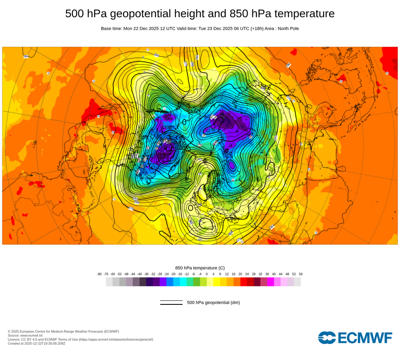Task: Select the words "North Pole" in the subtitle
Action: [287, 28]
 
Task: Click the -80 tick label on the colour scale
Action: [99, 274]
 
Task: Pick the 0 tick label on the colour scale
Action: [207, 274]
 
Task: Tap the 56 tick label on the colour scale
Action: [301, 274]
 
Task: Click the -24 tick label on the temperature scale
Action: [166, 274]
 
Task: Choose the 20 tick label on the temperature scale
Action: [240, 274]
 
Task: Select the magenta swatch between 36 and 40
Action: [270, 282]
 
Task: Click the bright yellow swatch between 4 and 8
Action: [217, 282]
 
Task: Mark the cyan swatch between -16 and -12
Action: [183, 282]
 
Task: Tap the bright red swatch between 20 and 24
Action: [244, 282]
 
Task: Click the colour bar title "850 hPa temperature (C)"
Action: [200, 268]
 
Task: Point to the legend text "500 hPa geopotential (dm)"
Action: [213, 302]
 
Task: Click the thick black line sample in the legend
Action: [171, 304]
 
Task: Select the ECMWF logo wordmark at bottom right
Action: [355, 338]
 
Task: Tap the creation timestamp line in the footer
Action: [36, 343]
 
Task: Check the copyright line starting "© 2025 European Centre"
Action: [63, 331]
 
